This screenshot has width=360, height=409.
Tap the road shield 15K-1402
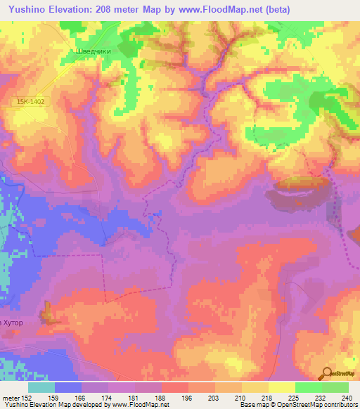click(x=32, y=103)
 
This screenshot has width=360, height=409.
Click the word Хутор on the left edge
click(x=15, y=323)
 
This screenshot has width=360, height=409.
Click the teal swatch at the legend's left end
click(x=41, y=387)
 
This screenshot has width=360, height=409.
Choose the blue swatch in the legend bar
click(x=68, y=387)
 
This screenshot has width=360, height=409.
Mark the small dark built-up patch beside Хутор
click(x=48, y=312)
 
